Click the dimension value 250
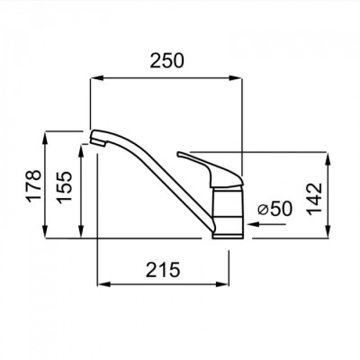[166, 60]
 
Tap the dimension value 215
[163, 269]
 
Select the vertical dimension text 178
[33, 185]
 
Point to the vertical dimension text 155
[65, 187]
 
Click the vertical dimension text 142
[314, 199]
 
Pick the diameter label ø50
[275, 209]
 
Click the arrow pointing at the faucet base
[265, 224]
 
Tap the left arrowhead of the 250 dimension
[97, 78]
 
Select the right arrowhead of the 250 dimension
[235, 78]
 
